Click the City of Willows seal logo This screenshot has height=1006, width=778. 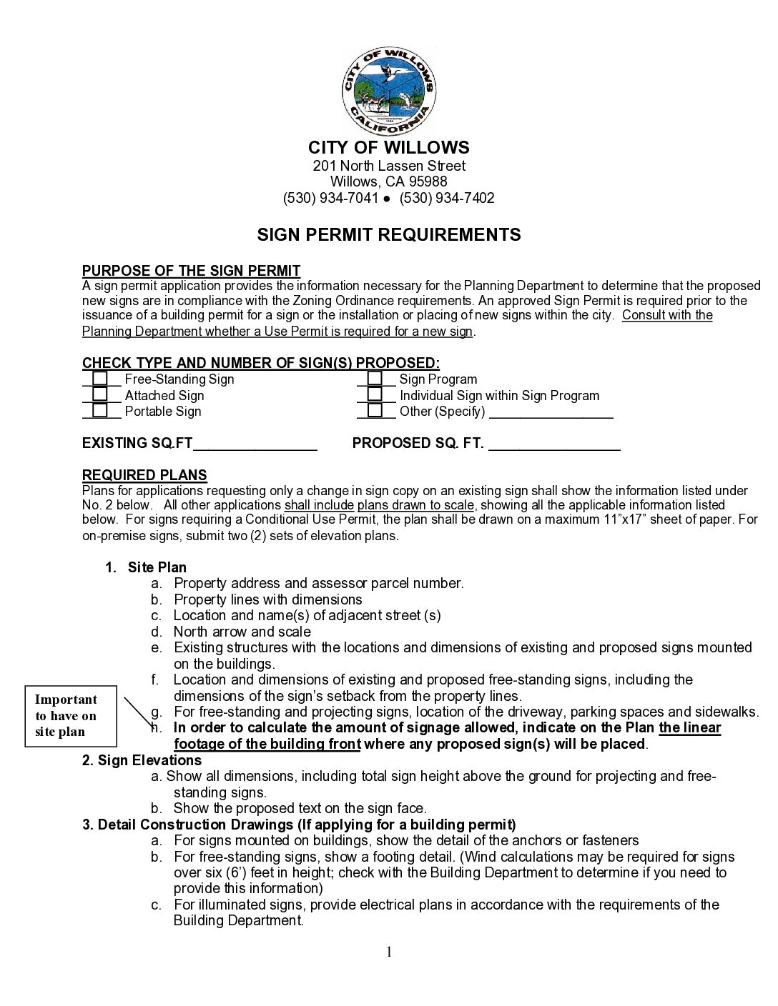click(388, 91)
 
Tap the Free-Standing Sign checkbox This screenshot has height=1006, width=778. click(100, 379)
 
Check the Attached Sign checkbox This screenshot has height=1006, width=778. click(100, 394)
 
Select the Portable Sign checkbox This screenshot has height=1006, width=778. click(100, 411)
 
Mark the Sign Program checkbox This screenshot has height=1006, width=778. click(375, 379)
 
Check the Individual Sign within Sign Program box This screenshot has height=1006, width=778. click(375, 394)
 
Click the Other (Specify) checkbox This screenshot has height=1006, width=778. click(375, 411)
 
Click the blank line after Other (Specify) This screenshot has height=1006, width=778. click(551, 414)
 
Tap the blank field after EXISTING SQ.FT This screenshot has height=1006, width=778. click(255, 445)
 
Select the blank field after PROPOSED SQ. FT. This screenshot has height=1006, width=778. click(554, 445)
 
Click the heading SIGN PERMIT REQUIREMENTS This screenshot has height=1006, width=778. click(389, 234)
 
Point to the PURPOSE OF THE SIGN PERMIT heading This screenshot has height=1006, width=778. click(191, 271)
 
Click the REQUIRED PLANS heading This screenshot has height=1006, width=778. click(144, 475)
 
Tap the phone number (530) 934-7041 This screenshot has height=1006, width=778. click(330, 198)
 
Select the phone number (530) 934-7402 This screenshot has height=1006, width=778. click(447, 198)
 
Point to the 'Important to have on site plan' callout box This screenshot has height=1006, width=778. click(70, 716)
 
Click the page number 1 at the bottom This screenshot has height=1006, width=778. click(389, 951)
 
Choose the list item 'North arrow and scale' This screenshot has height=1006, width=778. click(242, 632)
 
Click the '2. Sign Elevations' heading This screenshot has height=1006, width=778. click(142, 760)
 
